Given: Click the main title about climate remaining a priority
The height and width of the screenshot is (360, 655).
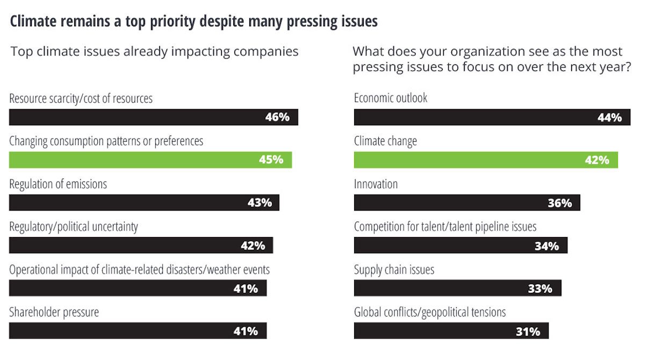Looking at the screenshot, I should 194,21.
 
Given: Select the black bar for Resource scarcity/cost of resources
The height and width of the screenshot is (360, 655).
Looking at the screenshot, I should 153,117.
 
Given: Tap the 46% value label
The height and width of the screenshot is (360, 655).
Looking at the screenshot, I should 277,117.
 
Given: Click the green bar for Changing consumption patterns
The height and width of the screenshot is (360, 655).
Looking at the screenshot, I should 150,160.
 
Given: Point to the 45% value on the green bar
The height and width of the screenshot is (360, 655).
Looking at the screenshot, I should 271,160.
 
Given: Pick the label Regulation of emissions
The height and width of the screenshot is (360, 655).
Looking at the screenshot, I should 58,184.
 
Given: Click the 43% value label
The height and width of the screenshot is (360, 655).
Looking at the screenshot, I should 259,203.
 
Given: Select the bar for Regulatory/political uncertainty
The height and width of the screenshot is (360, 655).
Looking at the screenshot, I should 141,246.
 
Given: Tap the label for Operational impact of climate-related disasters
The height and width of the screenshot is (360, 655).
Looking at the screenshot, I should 139,270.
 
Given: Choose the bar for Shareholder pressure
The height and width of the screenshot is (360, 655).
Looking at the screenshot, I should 138,331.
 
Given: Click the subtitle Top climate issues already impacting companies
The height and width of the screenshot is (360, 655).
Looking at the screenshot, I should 155,52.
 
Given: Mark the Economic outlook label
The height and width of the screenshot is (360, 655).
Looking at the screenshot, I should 391,98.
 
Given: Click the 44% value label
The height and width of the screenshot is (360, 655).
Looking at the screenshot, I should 609,117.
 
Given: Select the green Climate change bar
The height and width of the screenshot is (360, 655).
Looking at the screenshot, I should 486,160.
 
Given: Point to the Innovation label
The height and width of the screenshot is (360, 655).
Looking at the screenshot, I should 376,184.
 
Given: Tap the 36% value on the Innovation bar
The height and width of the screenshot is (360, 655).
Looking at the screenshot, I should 559,203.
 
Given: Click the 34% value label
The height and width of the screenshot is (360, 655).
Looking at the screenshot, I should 546,246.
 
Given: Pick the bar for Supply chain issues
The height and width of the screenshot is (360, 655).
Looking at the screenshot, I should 457,288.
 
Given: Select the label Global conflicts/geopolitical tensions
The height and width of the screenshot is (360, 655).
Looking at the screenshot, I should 430,312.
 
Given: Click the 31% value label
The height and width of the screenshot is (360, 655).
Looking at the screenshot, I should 528,331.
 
